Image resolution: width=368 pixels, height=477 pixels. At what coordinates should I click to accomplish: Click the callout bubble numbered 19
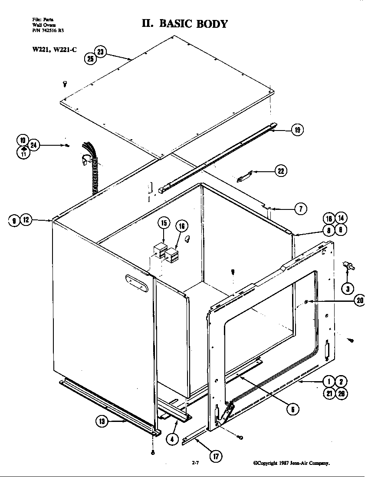pyautogui.click(x=297, y=130)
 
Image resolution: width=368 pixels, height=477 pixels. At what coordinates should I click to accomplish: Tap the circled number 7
pyautogui.click(x=300, y=209)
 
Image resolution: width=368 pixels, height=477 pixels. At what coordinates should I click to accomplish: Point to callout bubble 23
pyautogui.click(x=100, y=52)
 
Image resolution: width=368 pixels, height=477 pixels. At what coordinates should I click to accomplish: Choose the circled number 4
pyautogui.click(x=172, y=438)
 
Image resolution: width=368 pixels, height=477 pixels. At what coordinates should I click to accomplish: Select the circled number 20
pyautogui.click(x=360, y=301)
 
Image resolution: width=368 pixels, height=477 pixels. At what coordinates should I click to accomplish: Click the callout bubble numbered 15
pyautogui.click(x=163, y=223)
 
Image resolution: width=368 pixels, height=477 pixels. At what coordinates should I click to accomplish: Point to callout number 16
pyautogui.click(x=181, y=225)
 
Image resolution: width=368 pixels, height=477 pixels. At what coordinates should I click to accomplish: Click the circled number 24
pyautogui.click(x=34, y=146)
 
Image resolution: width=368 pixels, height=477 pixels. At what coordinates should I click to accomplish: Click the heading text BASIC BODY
pyautogui.click(x=193, y=23)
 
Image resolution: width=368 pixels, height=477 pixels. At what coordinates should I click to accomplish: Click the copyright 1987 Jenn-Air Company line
pyautogui.click(x=292, y=463)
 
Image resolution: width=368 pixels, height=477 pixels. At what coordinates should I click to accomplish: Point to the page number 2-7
pyautogui.click(x=195, y=463)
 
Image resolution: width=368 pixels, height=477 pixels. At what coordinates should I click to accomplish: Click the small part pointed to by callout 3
pyautogui.click(x=348, y=266)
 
